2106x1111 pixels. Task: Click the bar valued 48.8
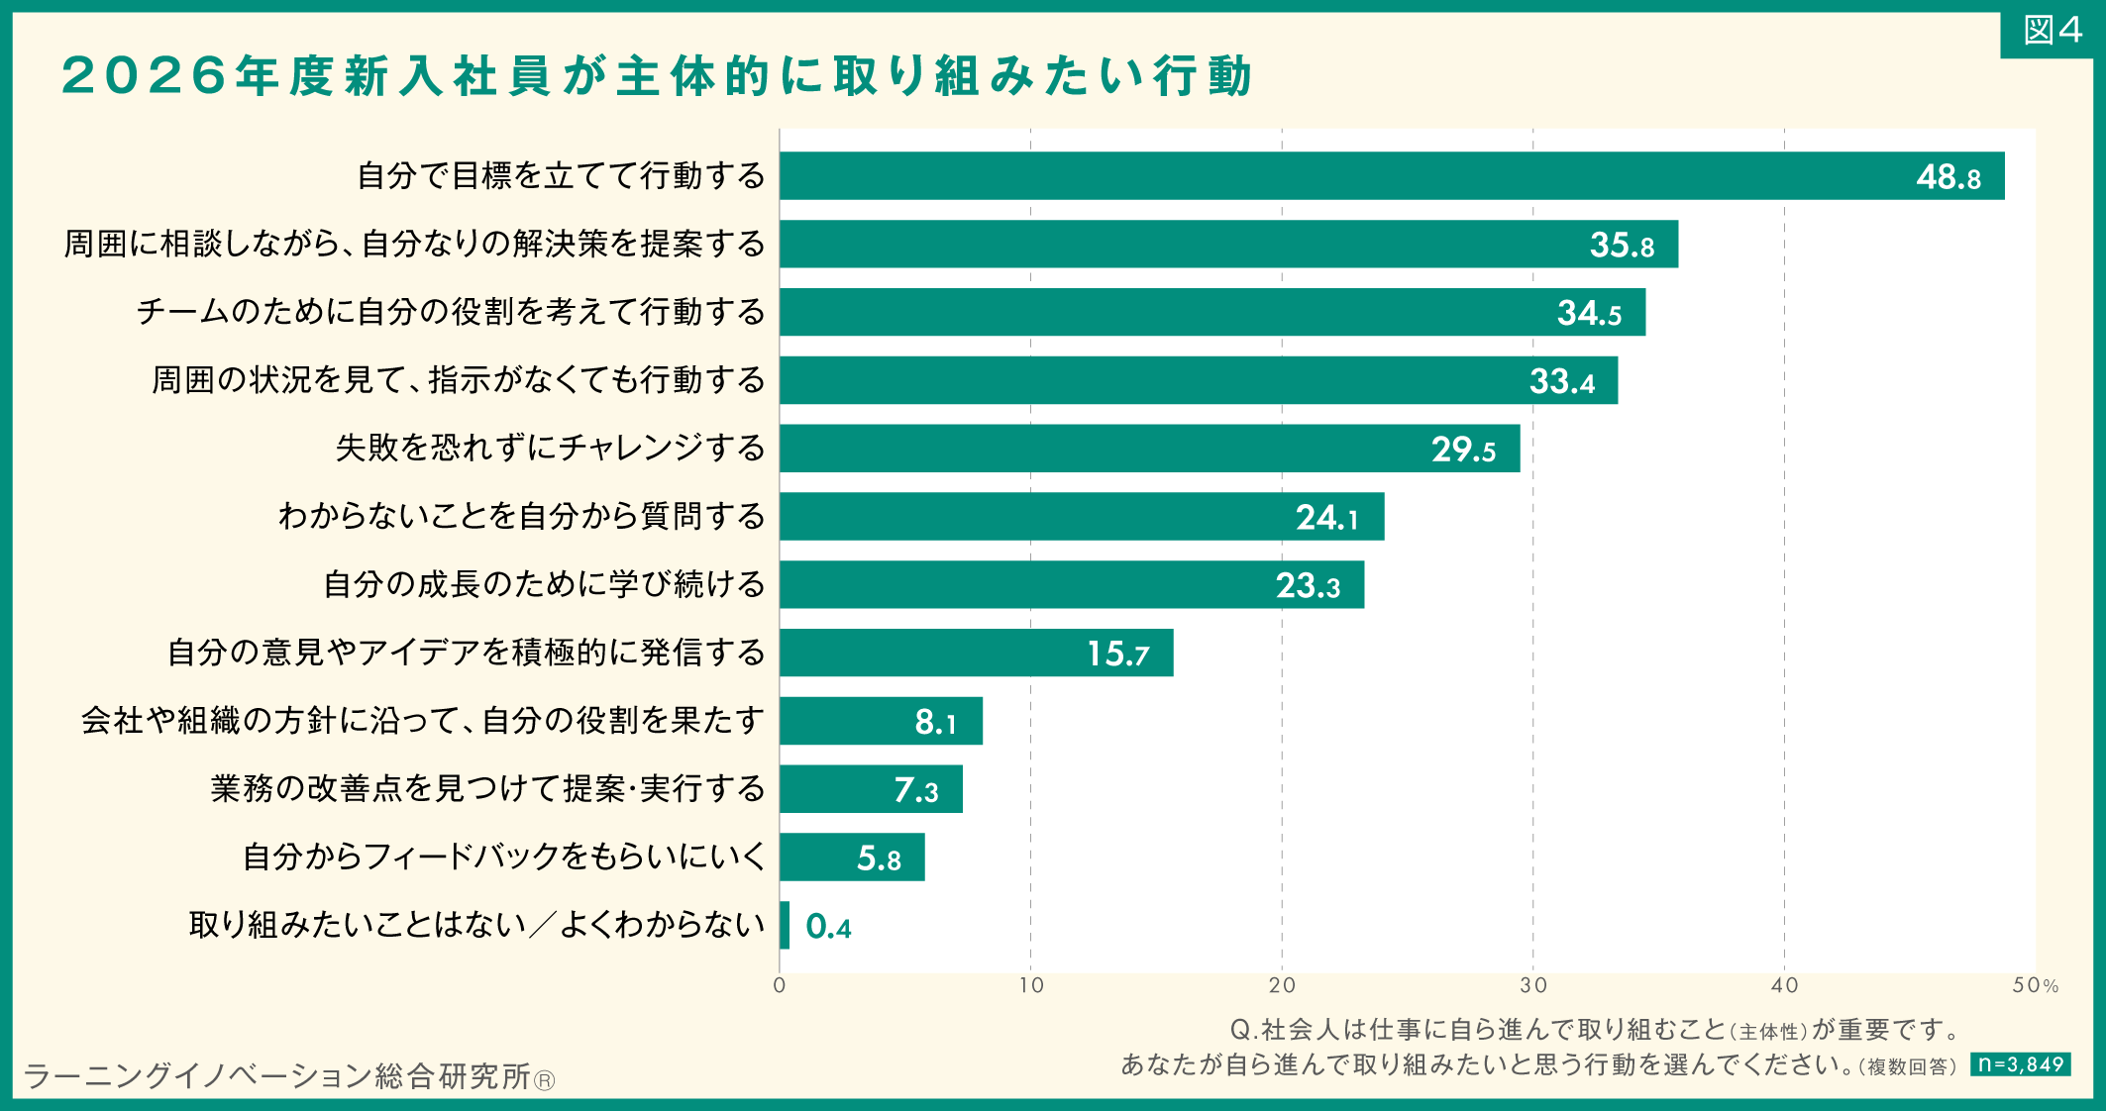point(1392,176)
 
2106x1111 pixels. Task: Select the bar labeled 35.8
point(1228,245)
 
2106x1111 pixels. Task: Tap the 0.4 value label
point(828,927)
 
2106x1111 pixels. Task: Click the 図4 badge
point(2052,32)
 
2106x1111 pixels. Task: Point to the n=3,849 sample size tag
point(2020,1064)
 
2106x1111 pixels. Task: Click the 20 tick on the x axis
point(1282,985)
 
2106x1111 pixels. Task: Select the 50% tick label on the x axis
point(2036,985)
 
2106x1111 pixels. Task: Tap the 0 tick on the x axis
point(780,985)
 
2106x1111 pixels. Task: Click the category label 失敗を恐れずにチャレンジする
point(551,448)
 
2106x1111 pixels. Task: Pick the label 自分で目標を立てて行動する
point(562,175)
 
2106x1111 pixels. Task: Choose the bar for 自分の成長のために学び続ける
point(1072,585)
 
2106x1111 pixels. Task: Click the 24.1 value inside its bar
point(1327,518)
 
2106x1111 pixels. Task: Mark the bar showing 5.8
point(852,858)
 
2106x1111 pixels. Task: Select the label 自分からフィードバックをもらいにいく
point(505,857)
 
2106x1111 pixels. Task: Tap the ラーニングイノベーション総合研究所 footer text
point(278,1076)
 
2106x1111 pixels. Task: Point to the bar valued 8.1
point(881,721)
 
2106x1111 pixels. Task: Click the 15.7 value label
point(1118,654)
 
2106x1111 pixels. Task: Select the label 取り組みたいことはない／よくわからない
point(477,925)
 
